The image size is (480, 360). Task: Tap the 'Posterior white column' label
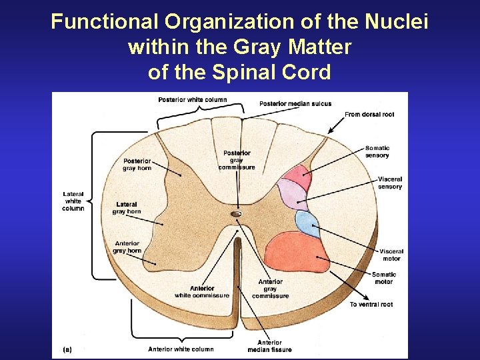(x=192, y=100)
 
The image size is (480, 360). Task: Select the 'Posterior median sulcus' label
(x=295, y=104)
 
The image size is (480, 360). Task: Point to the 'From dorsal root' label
(x=369, y=115)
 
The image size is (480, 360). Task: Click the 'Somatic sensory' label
(x=377, y=152)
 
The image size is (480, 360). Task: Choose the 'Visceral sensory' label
(x=390, y=183)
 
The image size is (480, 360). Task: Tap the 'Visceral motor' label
(x=391, y=255)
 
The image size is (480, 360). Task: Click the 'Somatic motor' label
(x=383, y=278)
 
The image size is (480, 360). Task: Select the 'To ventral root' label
(x=371, y=305)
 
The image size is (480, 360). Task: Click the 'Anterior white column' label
(x=181, y=349)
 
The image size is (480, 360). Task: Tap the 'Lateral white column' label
(x=73, y=201)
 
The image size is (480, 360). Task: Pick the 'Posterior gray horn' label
(x=137, y=165)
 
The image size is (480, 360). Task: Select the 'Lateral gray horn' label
(x=127, y=208)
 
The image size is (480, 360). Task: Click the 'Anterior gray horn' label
(x=127, y=247)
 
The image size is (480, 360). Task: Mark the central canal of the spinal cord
(x=236, y=214)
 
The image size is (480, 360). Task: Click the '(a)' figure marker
(x=67, y=349)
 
